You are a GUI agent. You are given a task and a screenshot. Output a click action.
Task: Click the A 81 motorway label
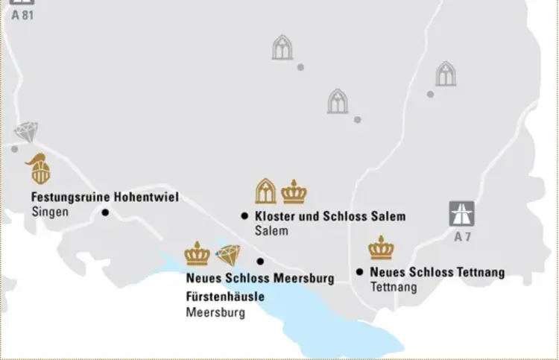point(23,15)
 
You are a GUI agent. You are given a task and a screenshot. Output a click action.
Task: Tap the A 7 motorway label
point(462,238)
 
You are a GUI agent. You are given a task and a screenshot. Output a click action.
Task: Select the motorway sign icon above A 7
point(462,213)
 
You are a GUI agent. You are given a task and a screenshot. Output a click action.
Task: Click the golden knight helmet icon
point(40,168)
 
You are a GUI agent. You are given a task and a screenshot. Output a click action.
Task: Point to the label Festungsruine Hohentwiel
point(104,198)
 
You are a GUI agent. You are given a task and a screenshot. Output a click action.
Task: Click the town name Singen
point(50,212)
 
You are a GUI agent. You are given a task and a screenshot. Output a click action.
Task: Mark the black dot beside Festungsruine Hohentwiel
point(105,212)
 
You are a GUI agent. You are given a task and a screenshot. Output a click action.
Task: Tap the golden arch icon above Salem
point(265,192)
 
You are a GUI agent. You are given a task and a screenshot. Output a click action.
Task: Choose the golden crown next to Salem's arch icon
point(294,192)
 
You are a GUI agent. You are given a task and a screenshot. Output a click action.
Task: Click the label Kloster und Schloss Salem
point(330,216)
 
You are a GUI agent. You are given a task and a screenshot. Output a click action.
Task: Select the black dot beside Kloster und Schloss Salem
point(244,216)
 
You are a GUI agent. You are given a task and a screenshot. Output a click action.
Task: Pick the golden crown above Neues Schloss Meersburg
point(198,253)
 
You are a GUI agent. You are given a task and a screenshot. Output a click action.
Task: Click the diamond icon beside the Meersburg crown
point(228,255)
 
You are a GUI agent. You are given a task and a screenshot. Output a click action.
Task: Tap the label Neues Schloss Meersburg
point(260,279)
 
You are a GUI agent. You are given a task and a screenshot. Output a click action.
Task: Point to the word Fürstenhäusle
point(224,297)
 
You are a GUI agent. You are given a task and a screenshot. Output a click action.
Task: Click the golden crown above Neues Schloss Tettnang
point(381,247)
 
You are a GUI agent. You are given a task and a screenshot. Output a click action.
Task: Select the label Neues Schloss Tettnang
point(437,272)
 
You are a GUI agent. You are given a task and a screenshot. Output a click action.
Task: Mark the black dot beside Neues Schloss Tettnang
point(359,272)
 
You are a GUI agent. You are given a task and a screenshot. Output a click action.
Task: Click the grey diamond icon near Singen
point(25,133)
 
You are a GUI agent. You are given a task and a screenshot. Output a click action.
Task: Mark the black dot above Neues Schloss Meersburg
point(260,261)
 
